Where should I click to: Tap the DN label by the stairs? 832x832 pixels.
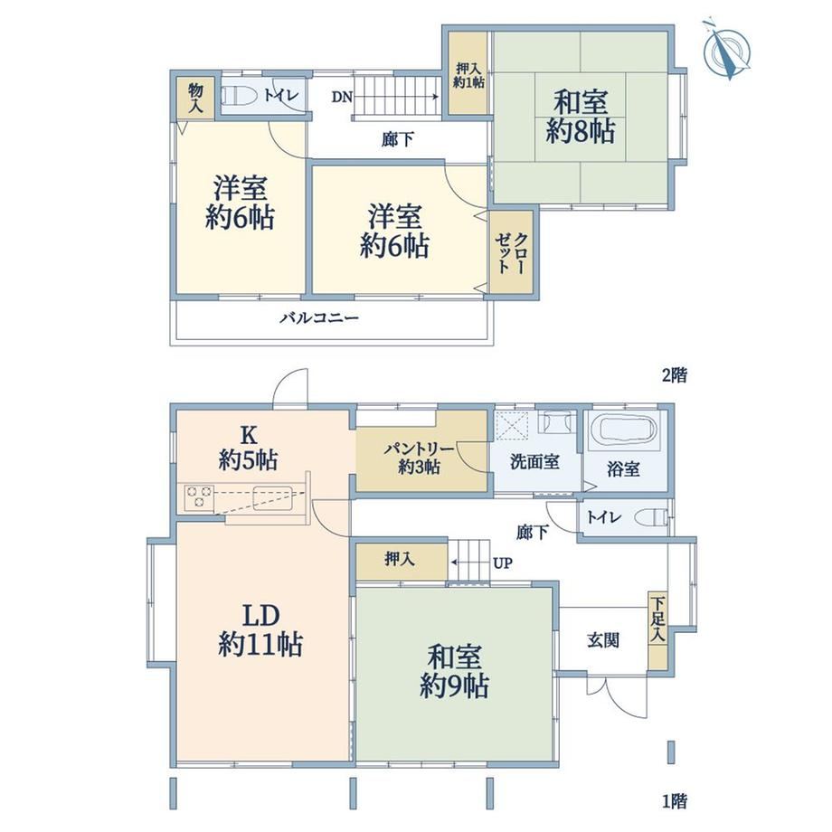(342, 97)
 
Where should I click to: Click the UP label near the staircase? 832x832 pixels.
(503, 563)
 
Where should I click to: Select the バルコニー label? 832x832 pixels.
(319, 318)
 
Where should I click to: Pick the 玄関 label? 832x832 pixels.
(603, 640)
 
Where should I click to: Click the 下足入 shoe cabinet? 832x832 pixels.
(658, 631)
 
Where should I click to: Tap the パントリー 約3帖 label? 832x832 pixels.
(419, 459)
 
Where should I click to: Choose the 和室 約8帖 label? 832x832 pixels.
(581, 116)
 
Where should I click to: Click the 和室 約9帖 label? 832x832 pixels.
(454, 671)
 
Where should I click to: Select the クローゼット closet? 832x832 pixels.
(511, 252)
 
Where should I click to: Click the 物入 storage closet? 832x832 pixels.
(196, 99)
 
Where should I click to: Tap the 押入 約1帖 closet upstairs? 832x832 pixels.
(468, 73)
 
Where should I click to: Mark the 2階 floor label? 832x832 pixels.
(674, 375)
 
